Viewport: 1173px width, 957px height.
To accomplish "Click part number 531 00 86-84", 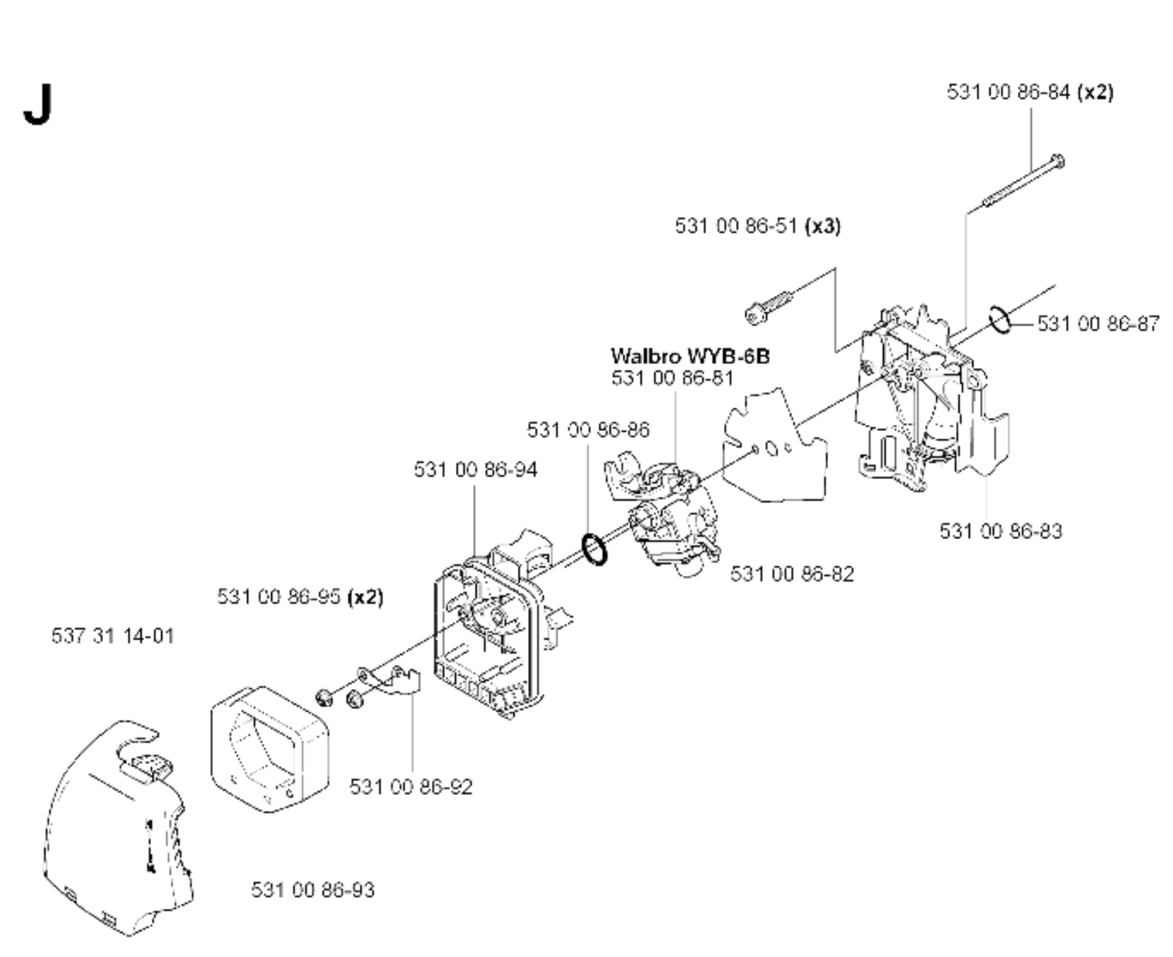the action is pyautogui.click(x=1008, y=92).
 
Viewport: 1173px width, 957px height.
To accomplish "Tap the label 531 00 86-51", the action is pyautogui.click(x=736, y=226).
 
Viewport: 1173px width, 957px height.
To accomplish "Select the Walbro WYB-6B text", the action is pyautogui.click(x=690, y=356).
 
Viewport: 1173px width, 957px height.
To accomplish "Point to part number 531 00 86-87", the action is pyautogui.click(x=1098, y=323).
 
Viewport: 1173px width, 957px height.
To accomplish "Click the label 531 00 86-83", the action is pyautogui.click(x=1001, y=531).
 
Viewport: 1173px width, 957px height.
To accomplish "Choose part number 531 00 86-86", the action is pyautogui.click(x=588, y=430).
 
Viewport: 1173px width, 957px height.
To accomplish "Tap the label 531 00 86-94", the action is pyautogui.click(x=475, y=470).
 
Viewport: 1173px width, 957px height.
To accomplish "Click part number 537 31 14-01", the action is pyautogui.click(x=113, y=636).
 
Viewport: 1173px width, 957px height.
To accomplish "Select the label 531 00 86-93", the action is pyautogui.click(x=313, y=890).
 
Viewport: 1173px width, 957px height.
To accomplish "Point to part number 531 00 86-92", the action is pyautogui.click(x=411, y=786).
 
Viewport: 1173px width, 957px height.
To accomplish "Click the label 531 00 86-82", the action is pyautogui.click(x=792, y=574).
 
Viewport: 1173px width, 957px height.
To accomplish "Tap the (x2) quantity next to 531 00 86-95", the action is pyautogui.click(x=365, y=597).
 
